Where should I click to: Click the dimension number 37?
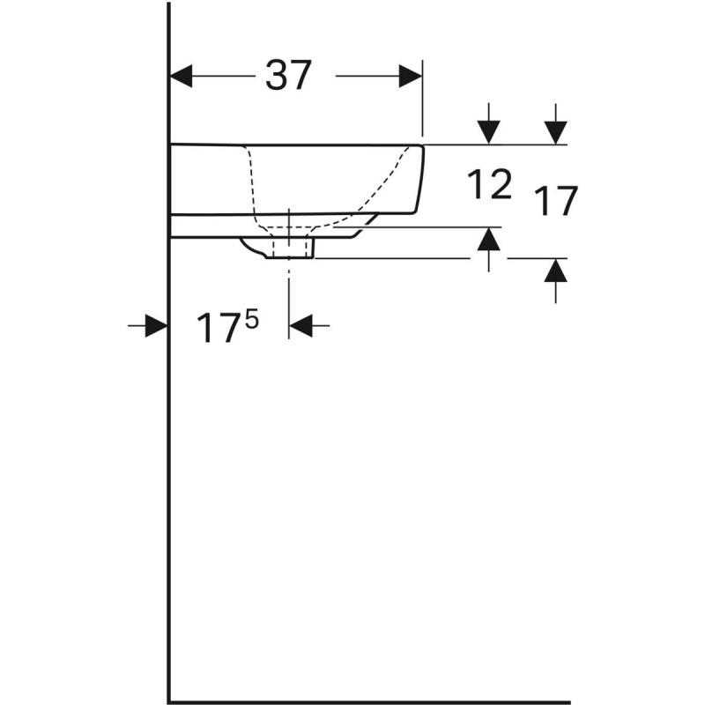288,77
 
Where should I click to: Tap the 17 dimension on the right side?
554,202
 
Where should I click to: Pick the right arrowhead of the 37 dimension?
411,77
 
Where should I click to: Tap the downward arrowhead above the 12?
489,132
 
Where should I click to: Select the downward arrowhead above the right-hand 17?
555,132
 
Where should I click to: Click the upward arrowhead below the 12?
489,240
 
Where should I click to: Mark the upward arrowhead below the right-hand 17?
555,271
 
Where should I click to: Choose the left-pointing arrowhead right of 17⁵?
301,326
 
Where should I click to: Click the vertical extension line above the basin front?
423,97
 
